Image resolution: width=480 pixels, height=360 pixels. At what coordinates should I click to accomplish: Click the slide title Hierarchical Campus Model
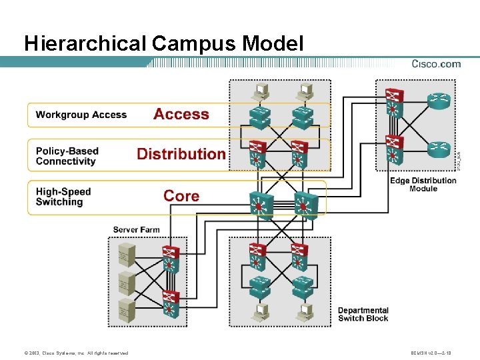(163, 43)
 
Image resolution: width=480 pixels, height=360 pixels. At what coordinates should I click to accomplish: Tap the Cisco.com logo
(436, 64)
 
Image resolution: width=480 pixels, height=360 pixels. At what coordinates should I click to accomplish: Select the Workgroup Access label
(81, 115)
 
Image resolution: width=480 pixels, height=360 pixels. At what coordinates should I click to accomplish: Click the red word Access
(181, 114)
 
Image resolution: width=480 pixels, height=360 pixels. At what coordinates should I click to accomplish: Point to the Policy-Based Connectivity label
(67, 156)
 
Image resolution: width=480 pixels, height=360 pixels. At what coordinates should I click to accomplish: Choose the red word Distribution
(181, 154)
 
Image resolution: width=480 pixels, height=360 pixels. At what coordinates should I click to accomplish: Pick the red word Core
(181, 195)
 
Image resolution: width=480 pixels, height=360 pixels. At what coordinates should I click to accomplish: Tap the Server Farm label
(136, 229)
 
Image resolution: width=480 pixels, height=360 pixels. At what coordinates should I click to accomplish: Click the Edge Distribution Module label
(423, 185)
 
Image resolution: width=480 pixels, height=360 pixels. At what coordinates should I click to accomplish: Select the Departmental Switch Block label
(363, 314)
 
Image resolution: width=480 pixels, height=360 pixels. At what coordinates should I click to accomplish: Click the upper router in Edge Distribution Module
(439, 101)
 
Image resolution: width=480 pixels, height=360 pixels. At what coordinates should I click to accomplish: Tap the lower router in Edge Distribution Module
(439, 150)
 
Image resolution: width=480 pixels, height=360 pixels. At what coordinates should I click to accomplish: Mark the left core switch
(257, 206)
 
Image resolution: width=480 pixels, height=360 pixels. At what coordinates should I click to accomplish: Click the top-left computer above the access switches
(260, 91)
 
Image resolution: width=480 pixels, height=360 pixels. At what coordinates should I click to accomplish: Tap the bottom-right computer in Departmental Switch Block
(305, 311)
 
